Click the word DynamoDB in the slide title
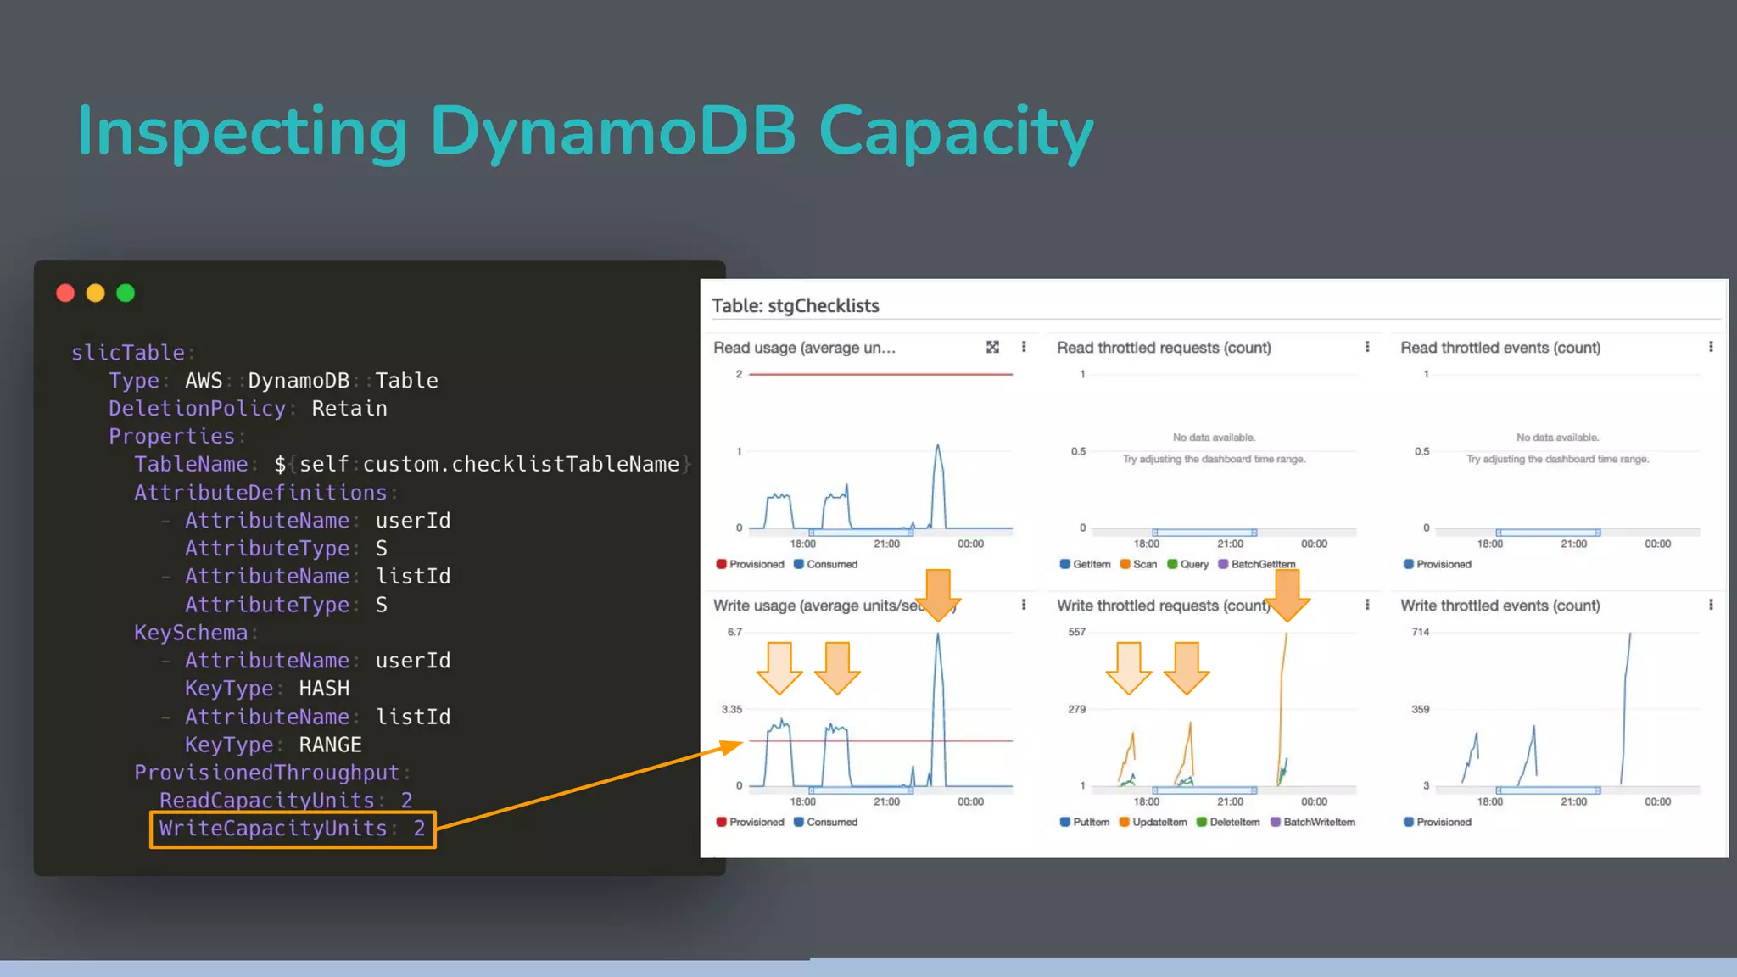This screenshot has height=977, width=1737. [612, 131]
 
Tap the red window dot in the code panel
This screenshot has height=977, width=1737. [65, 293]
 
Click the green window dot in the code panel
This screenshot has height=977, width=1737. [126, 293]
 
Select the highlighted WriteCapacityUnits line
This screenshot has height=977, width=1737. [293, 829]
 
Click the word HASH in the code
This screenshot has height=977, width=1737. [324, 688]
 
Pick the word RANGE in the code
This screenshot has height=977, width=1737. [330, 745]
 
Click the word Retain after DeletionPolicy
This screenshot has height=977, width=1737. [349, 408]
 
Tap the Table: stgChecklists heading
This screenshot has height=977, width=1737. [795, 305]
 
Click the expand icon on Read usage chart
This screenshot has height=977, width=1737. [992, 347]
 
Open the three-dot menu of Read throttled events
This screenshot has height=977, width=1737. [1711, 347]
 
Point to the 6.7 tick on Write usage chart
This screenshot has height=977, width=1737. [734, 632]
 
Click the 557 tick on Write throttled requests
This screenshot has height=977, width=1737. [1076, 632]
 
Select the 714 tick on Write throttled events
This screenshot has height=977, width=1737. [1420, 632]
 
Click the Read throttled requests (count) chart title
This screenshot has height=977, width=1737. [1164, 348]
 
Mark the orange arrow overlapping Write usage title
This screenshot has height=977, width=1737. [938, 594]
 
